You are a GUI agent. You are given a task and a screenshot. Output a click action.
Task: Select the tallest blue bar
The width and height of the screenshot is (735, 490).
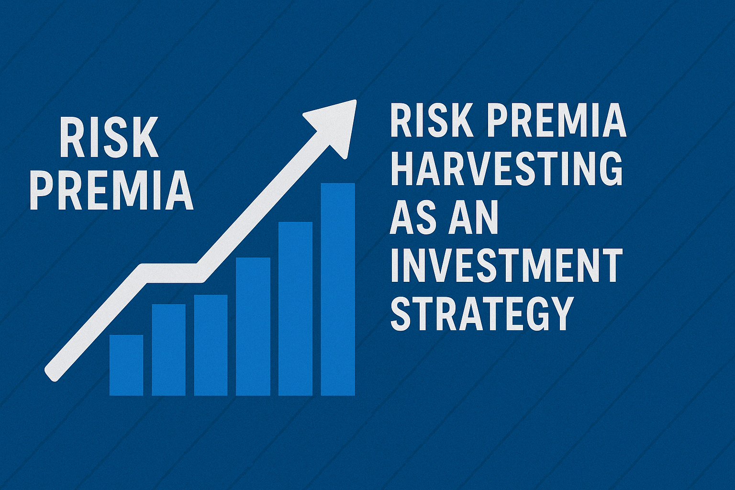338,290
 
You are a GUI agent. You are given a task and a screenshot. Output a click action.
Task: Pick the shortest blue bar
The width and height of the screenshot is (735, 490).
126,365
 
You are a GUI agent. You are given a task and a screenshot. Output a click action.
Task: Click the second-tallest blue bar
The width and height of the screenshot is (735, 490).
295,309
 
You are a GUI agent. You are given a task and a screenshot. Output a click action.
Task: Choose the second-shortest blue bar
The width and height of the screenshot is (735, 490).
168,350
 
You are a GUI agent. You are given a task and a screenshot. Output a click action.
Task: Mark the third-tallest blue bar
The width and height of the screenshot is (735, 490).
253,326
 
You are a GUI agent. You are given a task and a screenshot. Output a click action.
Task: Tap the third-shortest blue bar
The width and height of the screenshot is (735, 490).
211,345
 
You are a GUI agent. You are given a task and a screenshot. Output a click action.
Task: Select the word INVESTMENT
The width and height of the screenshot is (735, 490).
507,265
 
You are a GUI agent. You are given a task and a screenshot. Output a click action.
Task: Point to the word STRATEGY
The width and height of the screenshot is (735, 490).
482,314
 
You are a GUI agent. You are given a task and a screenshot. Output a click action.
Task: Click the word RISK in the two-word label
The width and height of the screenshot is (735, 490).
109,138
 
